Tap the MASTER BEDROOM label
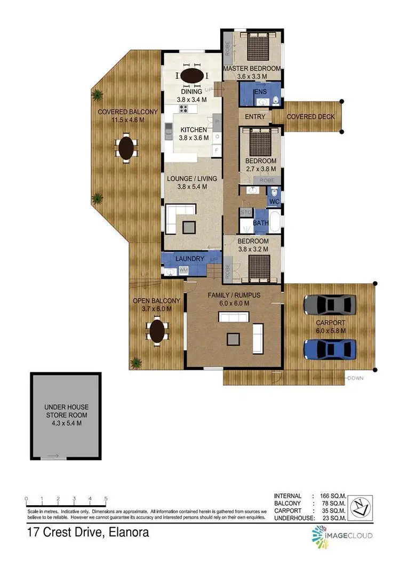point(252,69)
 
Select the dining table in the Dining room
point(191,76)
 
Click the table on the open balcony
point(157,331)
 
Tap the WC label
point(274,202)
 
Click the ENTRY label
point(255,117)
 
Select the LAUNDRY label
point(190,259)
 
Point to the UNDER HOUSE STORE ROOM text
point(66,414)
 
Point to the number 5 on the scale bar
point(106,498)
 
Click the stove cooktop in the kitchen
point(184,109)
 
